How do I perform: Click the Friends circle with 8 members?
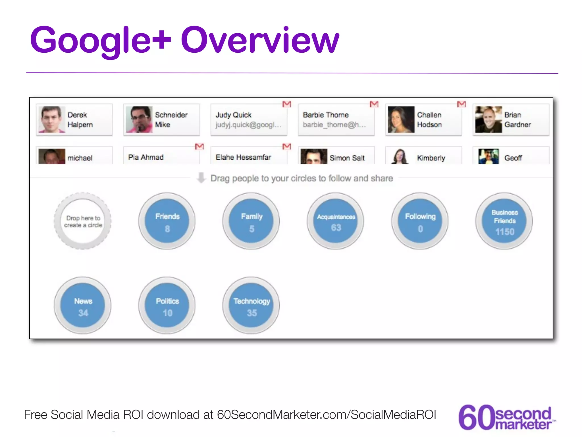(167, 221)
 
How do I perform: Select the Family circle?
(251, 221)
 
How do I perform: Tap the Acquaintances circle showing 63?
(336, 221)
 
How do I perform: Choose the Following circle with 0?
(420, 221)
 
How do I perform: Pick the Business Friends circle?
(504, 221)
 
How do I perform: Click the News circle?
(83, 305)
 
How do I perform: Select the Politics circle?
(167, 305)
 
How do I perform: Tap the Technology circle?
(251, 305)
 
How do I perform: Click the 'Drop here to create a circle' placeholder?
(83, 221)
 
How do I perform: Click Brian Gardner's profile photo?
(488, 119)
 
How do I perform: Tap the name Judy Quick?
(233, 115)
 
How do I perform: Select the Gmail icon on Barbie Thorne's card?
(374, 104)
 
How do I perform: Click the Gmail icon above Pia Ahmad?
(199, 147)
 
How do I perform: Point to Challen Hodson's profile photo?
(401, 119)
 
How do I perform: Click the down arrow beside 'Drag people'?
(201, 178)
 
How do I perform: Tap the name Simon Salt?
(347, 158)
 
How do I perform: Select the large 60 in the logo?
(476, 417)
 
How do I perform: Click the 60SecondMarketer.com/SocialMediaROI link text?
(327, 415)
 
